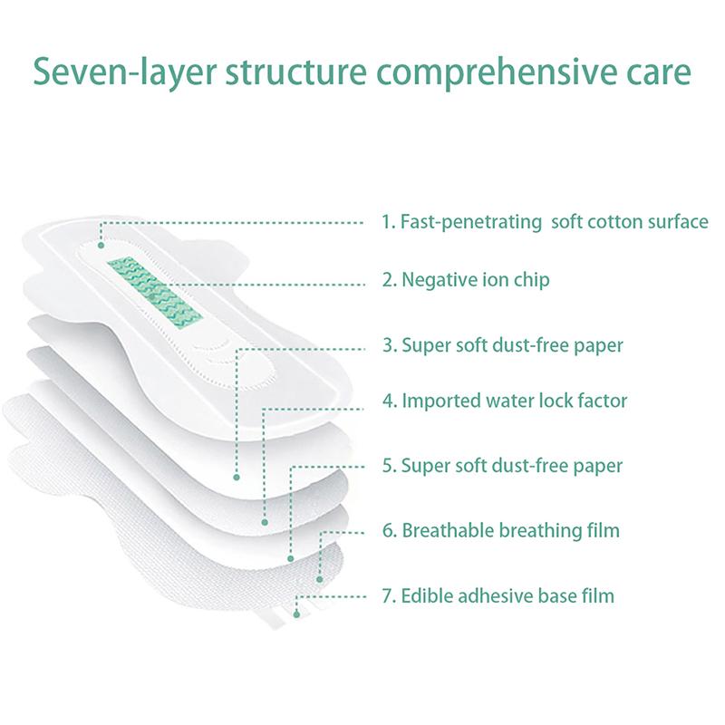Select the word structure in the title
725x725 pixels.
[277, 72]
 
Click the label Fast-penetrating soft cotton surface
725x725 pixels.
[545, 222]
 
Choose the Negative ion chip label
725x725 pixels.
[465, 280]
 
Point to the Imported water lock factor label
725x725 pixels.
[504, 400]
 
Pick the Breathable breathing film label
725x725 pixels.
[499, 530]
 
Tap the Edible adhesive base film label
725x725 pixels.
[498, 595]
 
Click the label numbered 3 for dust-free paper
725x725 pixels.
[501, 345]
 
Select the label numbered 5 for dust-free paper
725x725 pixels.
[501, 467]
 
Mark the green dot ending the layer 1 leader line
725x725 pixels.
[100, 244]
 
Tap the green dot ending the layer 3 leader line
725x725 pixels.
[237, 476]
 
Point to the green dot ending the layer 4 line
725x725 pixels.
[264, 522]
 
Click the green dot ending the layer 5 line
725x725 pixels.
[290, 558]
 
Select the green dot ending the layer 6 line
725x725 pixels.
[320, 577]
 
